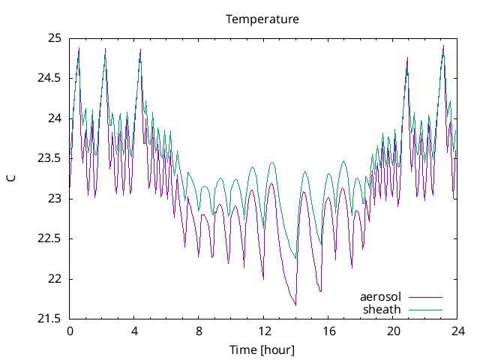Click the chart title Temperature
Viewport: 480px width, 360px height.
262,19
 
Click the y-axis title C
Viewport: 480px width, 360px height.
11,178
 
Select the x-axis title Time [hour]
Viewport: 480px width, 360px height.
262,349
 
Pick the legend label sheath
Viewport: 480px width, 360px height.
382,309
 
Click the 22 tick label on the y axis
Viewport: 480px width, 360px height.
55,279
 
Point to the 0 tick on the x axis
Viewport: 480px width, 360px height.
70,331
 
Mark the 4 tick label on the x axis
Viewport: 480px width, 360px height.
134,331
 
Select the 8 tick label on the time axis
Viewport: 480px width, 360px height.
199,331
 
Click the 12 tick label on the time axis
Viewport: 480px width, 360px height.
263,331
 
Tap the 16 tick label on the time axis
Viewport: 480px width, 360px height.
328,331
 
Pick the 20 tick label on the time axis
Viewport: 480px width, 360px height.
393,331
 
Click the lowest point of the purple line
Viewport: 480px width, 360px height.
295,305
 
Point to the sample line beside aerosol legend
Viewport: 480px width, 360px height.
424,297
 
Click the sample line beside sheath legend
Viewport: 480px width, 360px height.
424,309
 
